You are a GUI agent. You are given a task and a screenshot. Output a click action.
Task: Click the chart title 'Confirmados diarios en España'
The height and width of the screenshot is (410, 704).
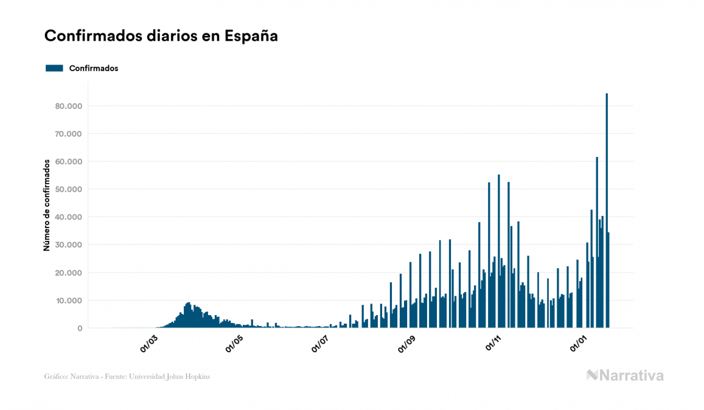click(161, 36)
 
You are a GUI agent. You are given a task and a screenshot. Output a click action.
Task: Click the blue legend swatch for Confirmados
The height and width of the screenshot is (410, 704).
click(54, 68)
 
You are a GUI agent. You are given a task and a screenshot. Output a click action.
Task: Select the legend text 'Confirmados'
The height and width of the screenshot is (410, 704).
click(94, 68)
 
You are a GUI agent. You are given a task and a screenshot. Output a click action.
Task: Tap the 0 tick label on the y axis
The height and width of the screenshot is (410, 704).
click(79, 328)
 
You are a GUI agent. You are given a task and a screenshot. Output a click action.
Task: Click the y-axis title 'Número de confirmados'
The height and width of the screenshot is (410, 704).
click(47, 205)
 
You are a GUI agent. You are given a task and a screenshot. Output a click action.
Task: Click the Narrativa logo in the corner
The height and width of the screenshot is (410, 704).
click(625, 375)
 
